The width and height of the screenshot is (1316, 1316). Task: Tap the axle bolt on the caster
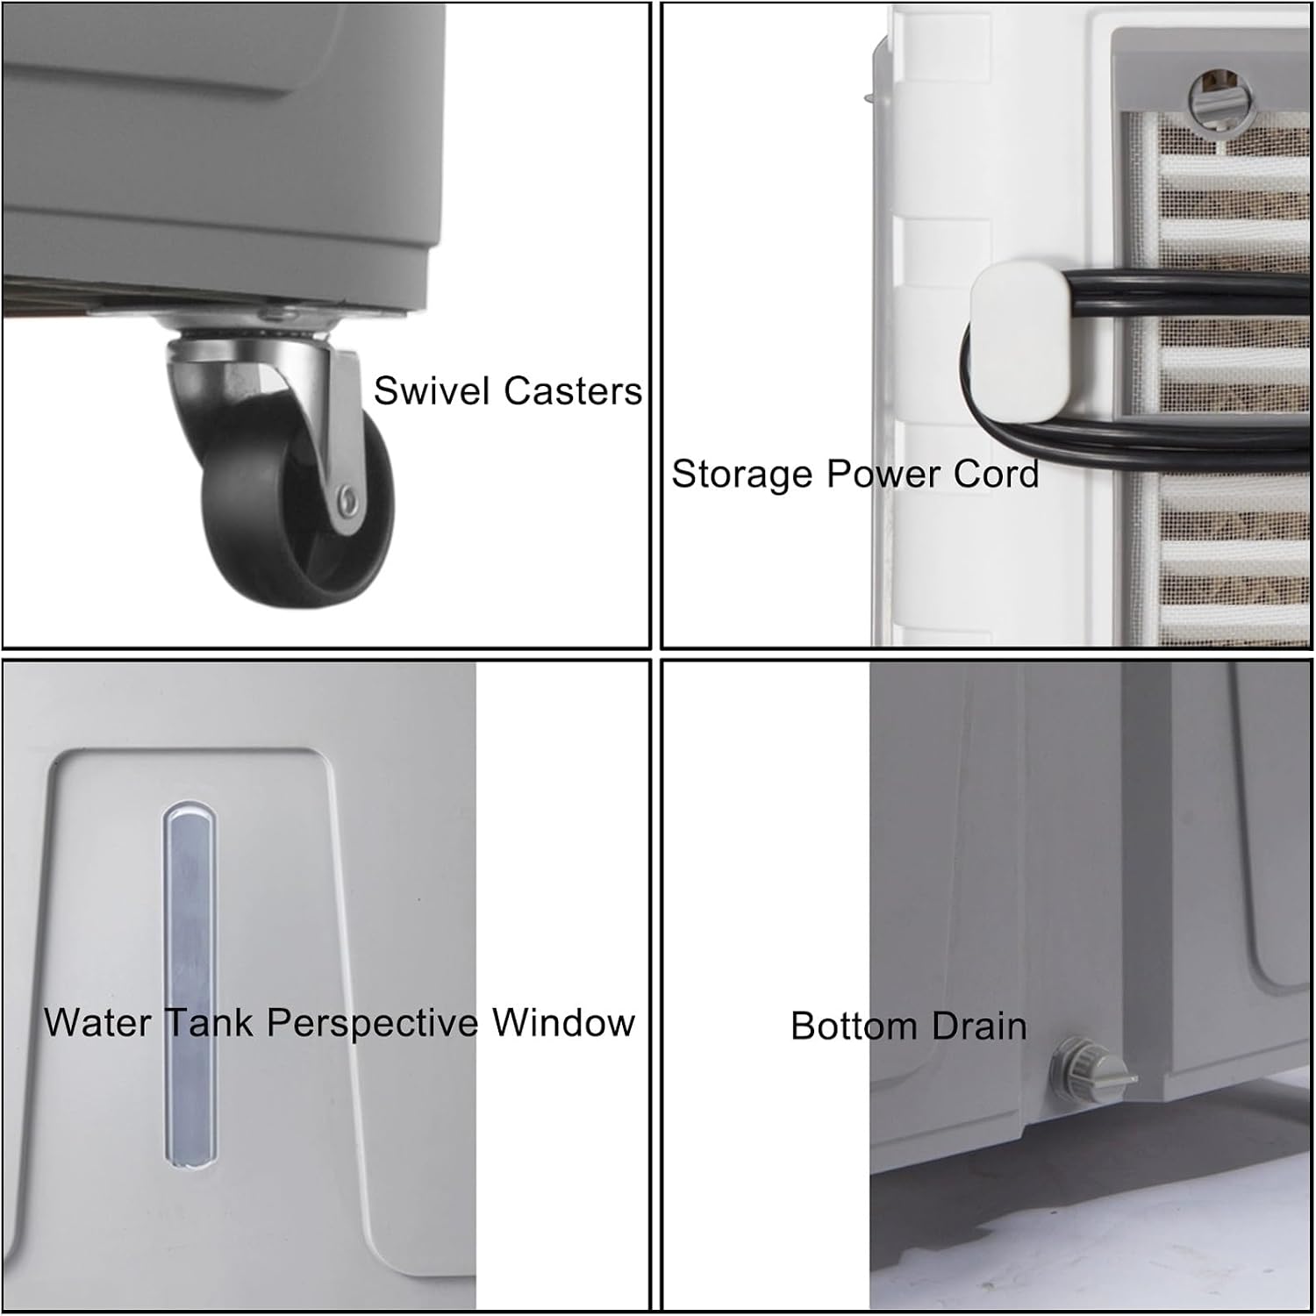(x=350, y=500)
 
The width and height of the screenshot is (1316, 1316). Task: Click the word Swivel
(x=431, y=390)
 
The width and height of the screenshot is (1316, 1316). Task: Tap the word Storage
(x=743, y=475)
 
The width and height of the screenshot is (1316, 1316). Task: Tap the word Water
(x=97, y=1023)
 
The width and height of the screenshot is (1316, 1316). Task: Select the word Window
(x=563, y=1023)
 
